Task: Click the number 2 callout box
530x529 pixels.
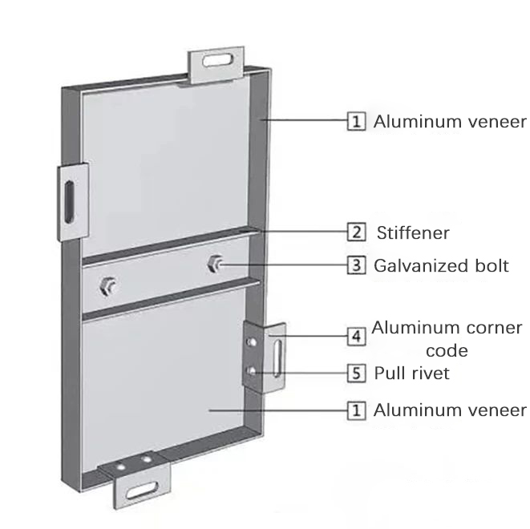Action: tap(356, 233)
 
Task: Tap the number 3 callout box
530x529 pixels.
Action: tap(356, 265)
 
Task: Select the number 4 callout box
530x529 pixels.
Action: tap(356, 337)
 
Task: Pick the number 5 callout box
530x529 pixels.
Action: tap(356, 373)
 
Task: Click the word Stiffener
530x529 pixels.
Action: tap(413, 233)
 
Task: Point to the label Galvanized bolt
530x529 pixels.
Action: tap(441, 265)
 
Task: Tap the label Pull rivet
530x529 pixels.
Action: tap(412, 373)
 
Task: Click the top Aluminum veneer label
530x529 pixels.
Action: tap(450, 122)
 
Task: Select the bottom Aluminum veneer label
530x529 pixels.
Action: tap(450, 410)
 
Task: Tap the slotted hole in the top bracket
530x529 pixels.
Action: tap(219, 59)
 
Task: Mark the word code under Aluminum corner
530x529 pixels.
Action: tap(448, 351)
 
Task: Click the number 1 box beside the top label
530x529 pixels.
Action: tap(356, 122)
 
